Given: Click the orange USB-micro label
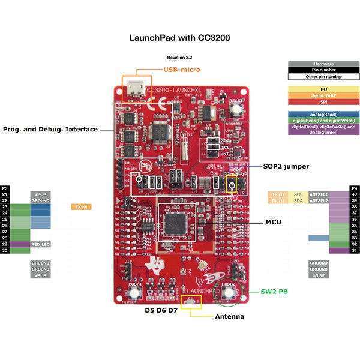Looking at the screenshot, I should tap(182, 70).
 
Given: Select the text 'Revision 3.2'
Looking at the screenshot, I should tap(179, 57).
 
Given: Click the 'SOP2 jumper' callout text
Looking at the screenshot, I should tap(286, 166).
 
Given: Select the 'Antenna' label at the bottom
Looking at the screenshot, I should tap(229, 316).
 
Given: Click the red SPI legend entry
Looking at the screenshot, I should tap(323, 103).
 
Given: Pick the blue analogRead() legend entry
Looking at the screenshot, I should tap(323, 114).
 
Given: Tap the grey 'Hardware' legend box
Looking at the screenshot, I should tap(323, 64).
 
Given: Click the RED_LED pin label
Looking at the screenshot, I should tap(40, 244).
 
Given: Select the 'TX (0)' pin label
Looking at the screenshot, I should tap(80, 207).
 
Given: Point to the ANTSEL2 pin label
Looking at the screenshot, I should tap(319, 200).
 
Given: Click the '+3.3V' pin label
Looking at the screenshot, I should tap(319, 276).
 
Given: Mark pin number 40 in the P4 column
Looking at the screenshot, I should tap(354, 194).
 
